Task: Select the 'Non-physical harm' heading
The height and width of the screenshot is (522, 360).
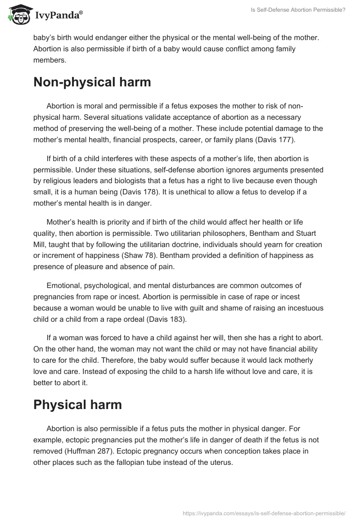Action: tap(92, 82)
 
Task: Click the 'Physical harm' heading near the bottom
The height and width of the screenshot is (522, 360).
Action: tap(77, 404)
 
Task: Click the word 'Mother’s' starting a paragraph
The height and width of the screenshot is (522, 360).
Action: tap(62, 223)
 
